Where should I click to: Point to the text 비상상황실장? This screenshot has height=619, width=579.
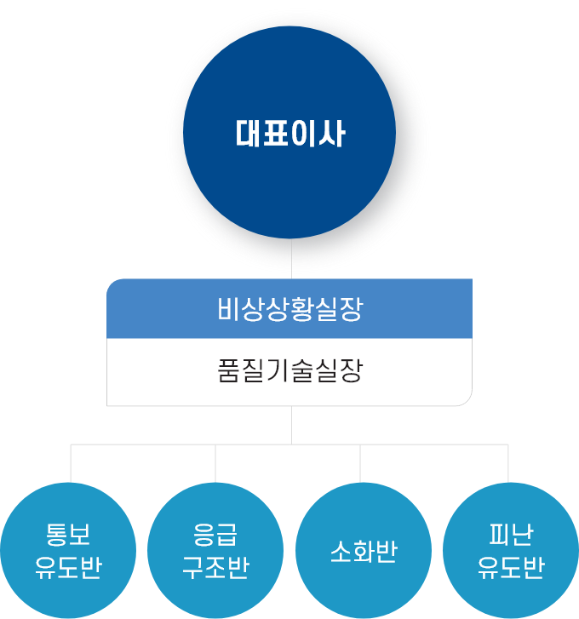[289, 309]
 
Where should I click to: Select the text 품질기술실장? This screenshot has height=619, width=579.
[289, 373]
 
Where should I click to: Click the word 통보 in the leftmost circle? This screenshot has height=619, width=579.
[68, 536]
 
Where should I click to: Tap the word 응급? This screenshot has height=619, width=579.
[215, 536]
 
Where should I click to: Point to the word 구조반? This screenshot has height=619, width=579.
[215, 568]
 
